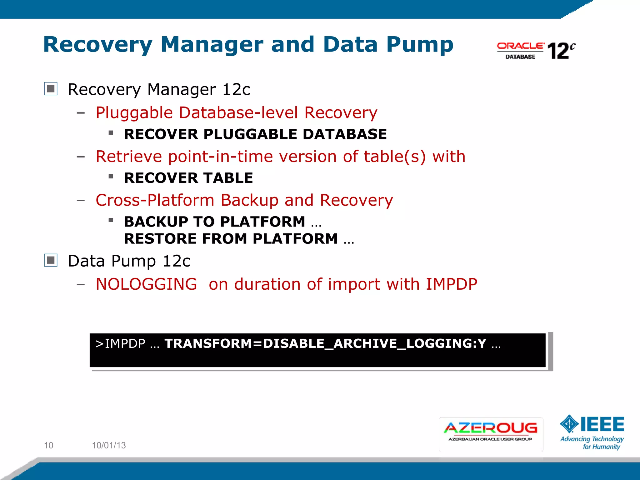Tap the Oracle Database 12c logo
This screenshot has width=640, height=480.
click(536, 50)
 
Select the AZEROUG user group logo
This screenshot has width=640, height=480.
click(491, 434)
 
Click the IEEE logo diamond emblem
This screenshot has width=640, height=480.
click(569, 424)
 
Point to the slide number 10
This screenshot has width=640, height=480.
click(48, 445)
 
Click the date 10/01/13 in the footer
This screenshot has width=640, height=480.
click(109, 445)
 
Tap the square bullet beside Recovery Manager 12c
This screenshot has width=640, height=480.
click(51, 89)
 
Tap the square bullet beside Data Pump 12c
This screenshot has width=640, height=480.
click(51, 260)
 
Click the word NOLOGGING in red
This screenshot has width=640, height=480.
click(146, 284)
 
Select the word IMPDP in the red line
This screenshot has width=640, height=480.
click(451, 284)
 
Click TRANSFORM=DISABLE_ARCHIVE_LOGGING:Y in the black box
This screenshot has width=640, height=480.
click(325, 343)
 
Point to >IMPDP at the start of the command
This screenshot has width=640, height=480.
click(120, 343)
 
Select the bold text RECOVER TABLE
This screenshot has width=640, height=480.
click(188, 178)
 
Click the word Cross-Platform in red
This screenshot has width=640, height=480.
click(155, 200)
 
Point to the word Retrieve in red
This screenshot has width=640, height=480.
click(128, 156)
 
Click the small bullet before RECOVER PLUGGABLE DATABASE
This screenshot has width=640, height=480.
click(111, 133)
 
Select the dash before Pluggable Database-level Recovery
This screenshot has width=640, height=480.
click(81, 113)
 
